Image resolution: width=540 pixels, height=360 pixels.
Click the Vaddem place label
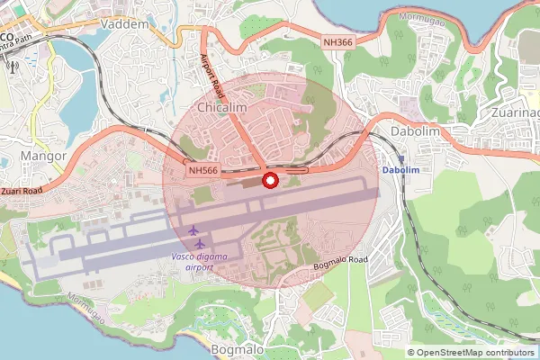point(125,24)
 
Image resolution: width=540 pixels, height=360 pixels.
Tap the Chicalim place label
point(221,108)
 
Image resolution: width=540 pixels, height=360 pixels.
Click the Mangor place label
point(42,156)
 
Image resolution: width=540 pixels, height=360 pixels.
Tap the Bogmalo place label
point(236,348)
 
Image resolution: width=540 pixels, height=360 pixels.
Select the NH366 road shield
point(338,42)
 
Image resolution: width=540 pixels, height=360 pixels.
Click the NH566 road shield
point(202,169)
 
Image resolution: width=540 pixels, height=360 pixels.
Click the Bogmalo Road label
point(340,260)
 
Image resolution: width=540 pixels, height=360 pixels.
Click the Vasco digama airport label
point(199,262)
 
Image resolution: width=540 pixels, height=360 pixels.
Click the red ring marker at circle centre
point(269,180)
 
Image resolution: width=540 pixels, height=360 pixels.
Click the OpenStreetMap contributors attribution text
point(474,352)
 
